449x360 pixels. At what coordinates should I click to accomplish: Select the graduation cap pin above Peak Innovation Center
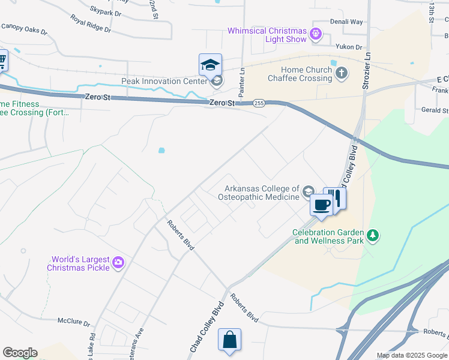(x=210, y=65)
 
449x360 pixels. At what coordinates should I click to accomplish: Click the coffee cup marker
(x=321, y=205)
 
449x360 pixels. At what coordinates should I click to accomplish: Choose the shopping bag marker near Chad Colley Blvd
(x=230, y=340)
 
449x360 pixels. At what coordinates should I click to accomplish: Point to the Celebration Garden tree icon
(x=373, y=236)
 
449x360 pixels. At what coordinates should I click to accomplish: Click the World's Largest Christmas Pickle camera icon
(x=118, y=262)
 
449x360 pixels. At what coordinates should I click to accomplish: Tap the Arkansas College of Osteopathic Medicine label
(x=262, y=193)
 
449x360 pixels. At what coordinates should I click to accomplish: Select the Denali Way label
(x=346, y=22)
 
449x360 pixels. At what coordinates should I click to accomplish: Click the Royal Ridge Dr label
(x=91, y=22)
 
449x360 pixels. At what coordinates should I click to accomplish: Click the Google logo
(x=20, y=353)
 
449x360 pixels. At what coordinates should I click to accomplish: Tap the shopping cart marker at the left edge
(x=2, y=60)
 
